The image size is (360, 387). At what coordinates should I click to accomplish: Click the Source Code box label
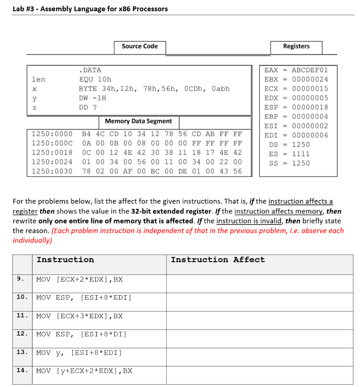tap(140, 46)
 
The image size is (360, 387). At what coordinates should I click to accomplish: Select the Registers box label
tap(296, 46)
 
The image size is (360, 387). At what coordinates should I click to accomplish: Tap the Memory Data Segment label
tap(138, 121)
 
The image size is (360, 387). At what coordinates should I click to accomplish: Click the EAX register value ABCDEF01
tap(310, 70)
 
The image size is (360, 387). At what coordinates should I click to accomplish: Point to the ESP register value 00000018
tap(310, 107)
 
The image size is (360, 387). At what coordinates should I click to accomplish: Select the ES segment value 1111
tap(300, 154)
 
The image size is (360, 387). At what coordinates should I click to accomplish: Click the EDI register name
tap(271, 135)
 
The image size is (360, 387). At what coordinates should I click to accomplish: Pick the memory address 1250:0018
tap(52, 152)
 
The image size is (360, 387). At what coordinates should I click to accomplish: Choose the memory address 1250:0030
tap(52, 171)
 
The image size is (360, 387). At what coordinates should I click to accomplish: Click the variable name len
tap(38, 79)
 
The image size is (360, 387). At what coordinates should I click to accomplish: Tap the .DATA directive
tap(90, 70)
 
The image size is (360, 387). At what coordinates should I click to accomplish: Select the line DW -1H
tap(92, 98)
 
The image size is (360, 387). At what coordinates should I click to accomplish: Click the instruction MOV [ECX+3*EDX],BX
tap(79, 316)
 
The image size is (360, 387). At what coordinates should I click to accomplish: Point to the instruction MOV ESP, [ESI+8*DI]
tap(81, 334)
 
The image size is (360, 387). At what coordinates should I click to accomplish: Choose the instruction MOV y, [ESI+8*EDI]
tap(79, 353)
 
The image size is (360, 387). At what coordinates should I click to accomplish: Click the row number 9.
tap(20, 279)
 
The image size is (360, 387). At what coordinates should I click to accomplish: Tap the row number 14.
tap(22, 370)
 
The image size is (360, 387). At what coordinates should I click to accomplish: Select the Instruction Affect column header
tap(218, 260)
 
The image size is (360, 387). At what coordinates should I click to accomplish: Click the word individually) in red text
tap(32, 240)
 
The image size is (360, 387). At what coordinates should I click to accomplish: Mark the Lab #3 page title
tap(90, 9)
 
